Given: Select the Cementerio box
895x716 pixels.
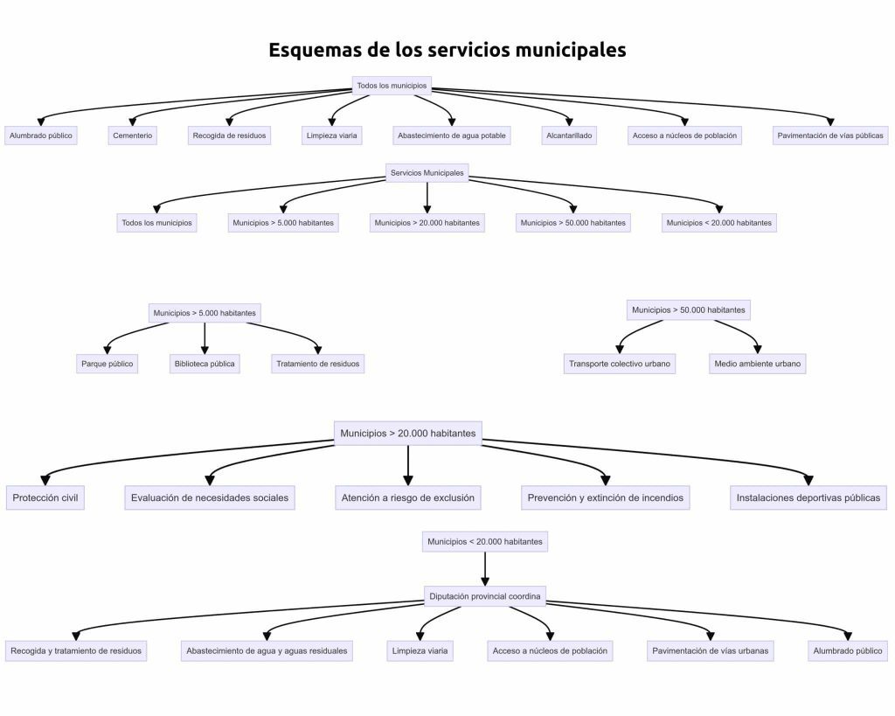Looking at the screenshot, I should pos(133,136).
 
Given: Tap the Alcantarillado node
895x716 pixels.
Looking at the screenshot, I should pos(569,136).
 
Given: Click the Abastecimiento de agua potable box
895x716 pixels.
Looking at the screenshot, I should pos(452,136).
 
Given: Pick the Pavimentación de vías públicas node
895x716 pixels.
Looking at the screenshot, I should pos(830,136).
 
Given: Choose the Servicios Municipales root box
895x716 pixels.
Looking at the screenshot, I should pos(427,173).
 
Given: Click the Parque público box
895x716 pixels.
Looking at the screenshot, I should pos(108,364).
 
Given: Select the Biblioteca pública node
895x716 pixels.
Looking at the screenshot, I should pos(205,364).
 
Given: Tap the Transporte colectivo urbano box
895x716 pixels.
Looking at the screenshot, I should pos(621,364).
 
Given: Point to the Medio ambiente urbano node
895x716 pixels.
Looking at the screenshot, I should pos(757,364).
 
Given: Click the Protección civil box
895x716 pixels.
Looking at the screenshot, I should pos(45,497).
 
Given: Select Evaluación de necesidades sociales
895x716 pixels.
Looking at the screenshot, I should pos(209,497).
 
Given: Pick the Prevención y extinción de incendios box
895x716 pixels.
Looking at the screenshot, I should pos(606,497).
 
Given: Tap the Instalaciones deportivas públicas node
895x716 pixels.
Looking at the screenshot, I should pos(808,497).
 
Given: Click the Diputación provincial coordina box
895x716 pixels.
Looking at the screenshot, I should pos(485,597).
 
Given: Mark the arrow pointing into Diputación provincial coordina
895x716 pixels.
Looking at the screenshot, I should pos(485,580).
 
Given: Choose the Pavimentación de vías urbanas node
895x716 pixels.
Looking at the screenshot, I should pos(711,650).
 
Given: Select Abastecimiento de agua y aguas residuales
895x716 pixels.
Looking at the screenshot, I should pos(267,650).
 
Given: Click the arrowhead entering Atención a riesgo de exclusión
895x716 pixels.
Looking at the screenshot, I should pos(408,479).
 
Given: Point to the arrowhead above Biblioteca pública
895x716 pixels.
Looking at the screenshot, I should pos(205,349).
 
